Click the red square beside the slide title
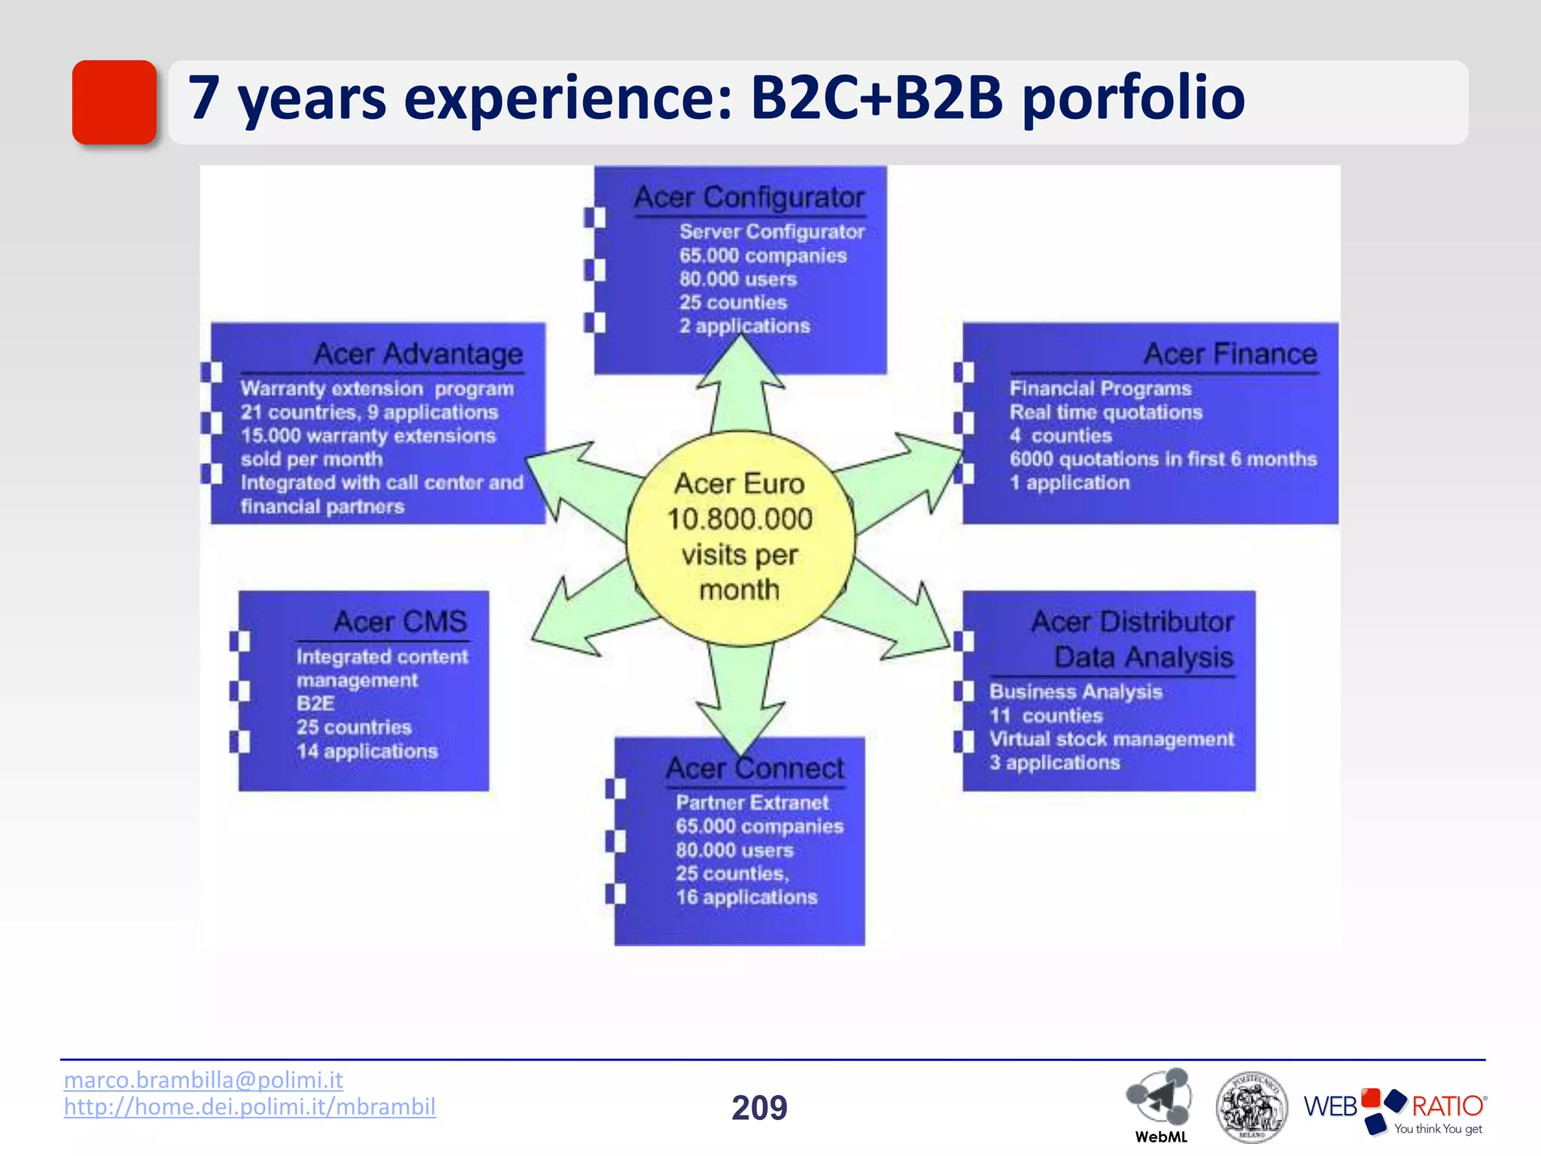114,102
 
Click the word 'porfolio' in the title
1132,98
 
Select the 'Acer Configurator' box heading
749,197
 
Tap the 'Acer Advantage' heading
418,354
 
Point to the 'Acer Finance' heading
1230,354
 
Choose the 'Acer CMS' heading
400,622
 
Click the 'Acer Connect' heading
755,768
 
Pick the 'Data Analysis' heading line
1144,658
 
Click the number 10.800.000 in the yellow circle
740,519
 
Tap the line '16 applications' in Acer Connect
746,897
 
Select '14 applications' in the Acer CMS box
367,751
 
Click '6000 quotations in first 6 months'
1163,459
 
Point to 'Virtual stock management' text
1111,739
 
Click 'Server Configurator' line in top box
772,232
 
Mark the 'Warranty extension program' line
377,389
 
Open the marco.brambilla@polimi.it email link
203,1080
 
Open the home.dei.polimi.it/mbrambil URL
250,1107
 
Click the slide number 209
759,1108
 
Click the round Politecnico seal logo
1251,1107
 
